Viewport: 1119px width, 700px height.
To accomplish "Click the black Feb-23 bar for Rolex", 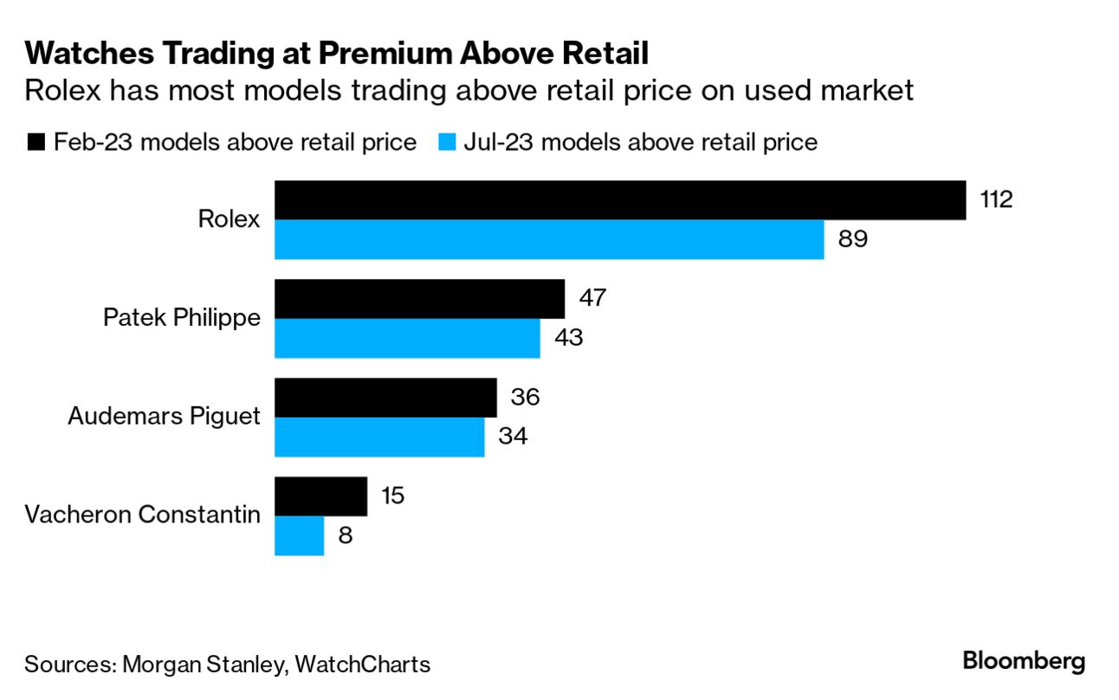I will (x=619, y=200).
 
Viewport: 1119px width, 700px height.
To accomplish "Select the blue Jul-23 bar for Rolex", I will (x=549, y=239).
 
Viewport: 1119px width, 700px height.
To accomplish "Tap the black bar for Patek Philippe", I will (x=419, y=299).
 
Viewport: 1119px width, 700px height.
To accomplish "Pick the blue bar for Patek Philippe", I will (x=407, y=338).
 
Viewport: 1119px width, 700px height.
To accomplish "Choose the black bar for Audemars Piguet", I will (x=385, y=398).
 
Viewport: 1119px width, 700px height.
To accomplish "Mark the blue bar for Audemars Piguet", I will (x=379, y=437).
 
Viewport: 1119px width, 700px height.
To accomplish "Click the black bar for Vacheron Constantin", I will (x=320, y=496).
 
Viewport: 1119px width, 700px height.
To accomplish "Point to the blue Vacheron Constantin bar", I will (x=299, y=535).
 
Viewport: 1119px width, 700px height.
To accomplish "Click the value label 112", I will (x=995, y=199).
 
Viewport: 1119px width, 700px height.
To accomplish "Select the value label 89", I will (x=852, y=238).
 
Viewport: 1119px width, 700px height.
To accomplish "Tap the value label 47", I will (x=592, y=298).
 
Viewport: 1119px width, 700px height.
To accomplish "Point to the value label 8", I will (x=346, y=535).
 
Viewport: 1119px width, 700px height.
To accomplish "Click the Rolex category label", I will (x=229, y=219).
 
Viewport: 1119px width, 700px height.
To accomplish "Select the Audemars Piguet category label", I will (x=164, y=417).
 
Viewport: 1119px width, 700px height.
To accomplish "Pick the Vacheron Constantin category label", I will (x=142, y=515).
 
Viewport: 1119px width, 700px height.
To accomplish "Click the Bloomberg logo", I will (x=1024, y=661).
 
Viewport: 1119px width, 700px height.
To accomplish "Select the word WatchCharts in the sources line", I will (x=362, y=664).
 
